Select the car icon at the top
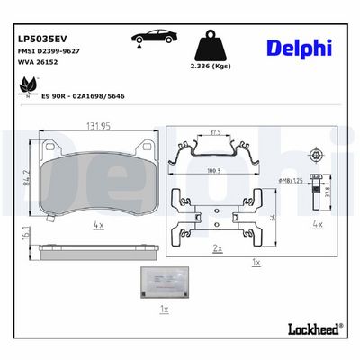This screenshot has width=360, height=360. [x=153, y=39]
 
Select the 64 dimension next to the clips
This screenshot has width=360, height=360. [x=272, y=214]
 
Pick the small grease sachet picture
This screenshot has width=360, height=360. [x=162, y=284]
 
